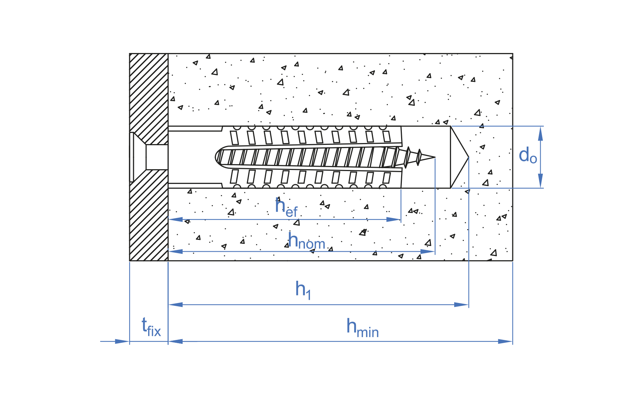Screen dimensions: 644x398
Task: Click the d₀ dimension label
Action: pyautogui.click(x=528, y=156)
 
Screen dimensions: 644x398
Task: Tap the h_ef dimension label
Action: pyautogui.click(x=286, y=208)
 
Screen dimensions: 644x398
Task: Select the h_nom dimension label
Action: pyautogui.click(x=307, y=241)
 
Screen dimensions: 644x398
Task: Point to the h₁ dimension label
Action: pyautogui.click(x=303, y=290)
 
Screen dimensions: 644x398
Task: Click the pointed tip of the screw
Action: pyautogui.click(x=435, y=157)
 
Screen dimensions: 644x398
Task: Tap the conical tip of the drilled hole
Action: pyautogui.click(x=468, y=157)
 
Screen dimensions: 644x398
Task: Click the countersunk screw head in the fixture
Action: pyautogui.click(x=138, y=157)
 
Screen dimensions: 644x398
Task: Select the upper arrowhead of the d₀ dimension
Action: pyautogui.click(x=540, y=133)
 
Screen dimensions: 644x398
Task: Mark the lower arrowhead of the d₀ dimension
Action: pyautogui.click(x=540, y=181)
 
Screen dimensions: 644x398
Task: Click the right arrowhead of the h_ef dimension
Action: pyautogui.click(x=393, y=219)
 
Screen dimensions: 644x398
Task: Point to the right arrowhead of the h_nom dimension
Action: pyautogui.click(x=427, y=252)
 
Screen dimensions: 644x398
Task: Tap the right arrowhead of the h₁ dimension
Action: pyautogui.click(x=461, y=305)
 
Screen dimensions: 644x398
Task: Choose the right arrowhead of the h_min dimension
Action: pyautogui.click(x=505, y=341)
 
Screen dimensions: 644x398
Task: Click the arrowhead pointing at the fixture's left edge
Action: pyautogui.click(x=122, y=341)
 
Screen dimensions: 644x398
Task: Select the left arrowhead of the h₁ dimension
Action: pyautogui.click(x=175, y=305)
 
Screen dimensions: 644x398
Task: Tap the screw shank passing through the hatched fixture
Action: pyautogui.click(x=157, y=157)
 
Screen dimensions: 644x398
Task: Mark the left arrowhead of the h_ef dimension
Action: pyautogui.click(x=175, y=219)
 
